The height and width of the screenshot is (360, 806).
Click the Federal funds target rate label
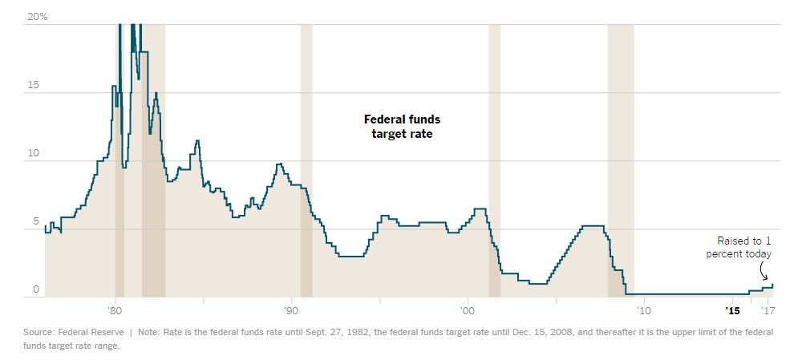pos(402,127)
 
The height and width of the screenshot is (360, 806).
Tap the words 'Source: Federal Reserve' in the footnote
pos(73,331)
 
